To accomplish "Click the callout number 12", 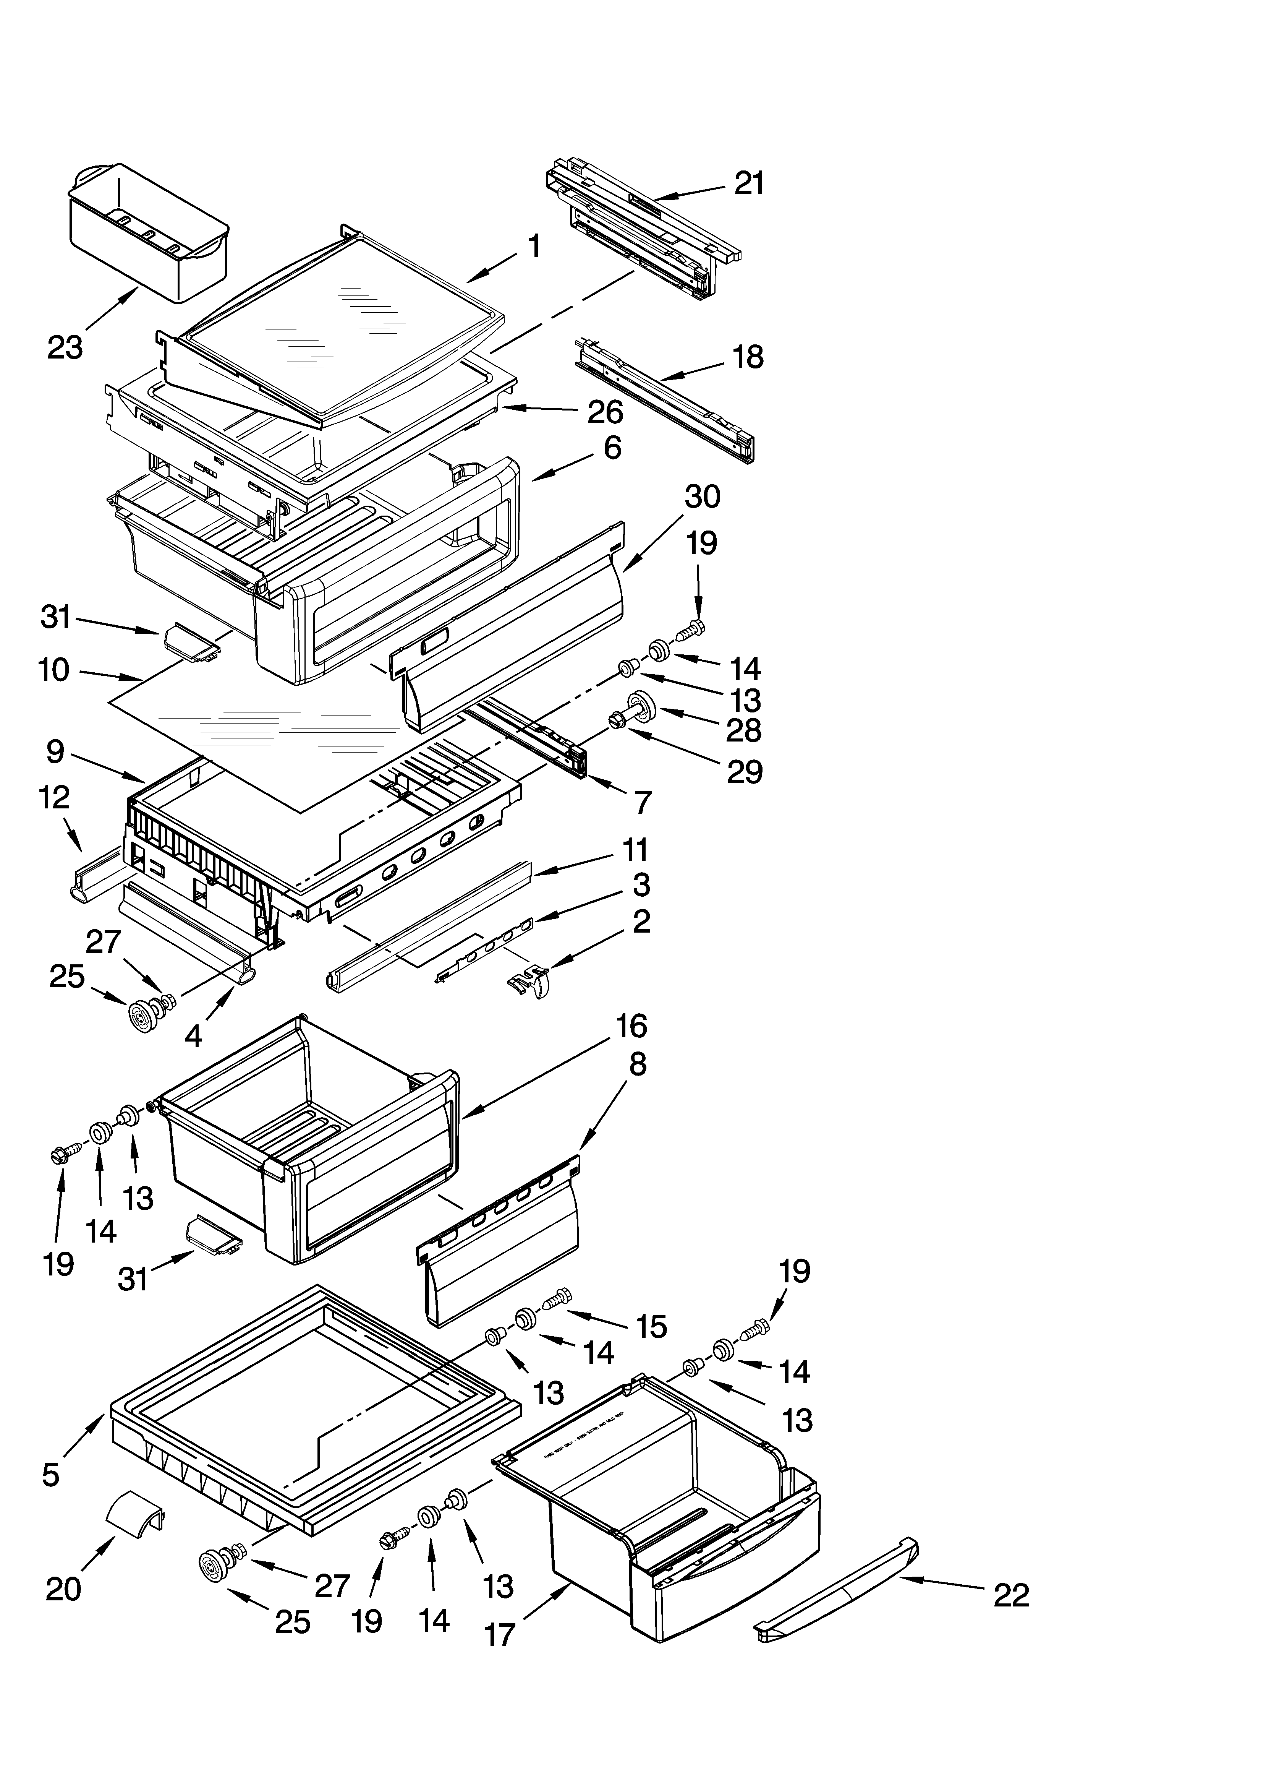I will [x=55, y=797].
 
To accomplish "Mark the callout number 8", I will [x=637, y=1064].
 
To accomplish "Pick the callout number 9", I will [x=55, y=752].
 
